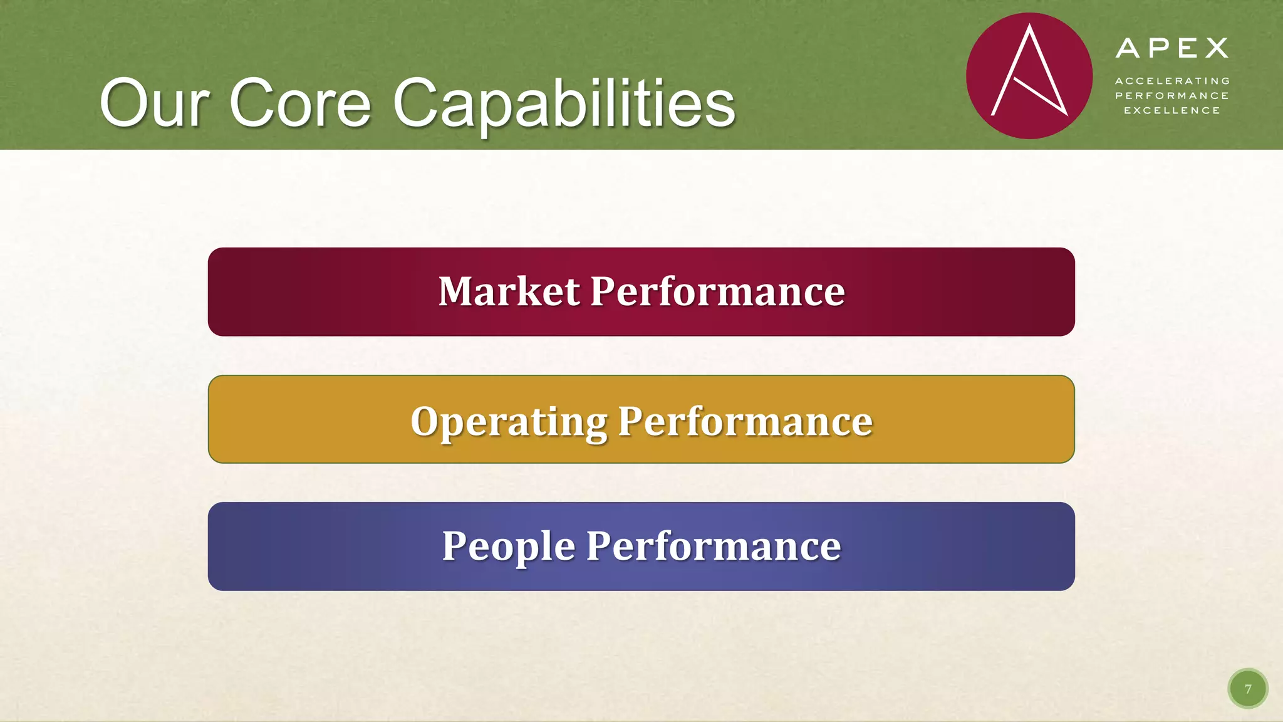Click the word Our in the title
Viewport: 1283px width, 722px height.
(x=153, y=103)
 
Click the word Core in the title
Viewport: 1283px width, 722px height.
(x=301, y=103)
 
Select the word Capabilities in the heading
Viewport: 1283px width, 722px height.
(x=564, y=103)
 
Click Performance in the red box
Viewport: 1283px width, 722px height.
(x=717, y=291)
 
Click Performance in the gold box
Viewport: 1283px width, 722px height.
(x=745, y=421)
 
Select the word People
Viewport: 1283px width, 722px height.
(x=509, y=546)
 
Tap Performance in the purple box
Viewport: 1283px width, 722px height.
(x=714, y=546)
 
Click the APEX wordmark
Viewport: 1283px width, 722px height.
(x=1171, y=48)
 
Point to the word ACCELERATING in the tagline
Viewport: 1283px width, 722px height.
(x=1172, y=81)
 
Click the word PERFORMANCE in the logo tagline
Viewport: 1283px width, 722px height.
(x=1172, y=96)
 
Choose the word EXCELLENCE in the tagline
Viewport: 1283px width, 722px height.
(x=1172, y=111)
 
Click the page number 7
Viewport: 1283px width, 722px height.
(x=1248, y=689)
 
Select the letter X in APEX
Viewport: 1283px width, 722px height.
(x=1217, y=48)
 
